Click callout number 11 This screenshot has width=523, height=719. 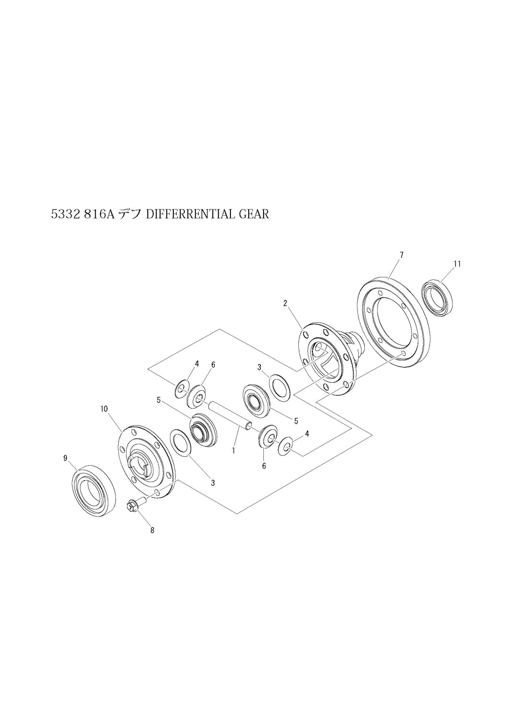tap(457, 264)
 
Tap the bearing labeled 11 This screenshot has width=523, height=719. tap(437, 299)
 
